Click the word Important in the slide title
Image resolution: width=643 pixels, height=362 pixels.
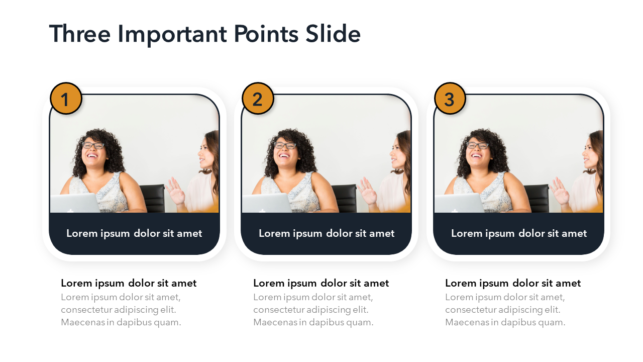coord(172,35)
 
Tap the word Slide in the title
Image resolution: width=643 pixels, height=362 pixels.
coord(333,34)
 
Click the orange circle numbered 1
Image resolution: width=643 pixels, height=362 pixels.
coord(66,99)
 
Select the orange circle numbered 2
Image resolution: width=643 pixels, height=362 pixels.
coord(258,99)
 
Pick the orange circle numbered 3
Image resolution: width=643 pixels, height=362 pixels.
coord(450,99)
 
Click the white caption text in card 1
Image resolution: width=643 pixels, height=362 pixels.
coord(134,234)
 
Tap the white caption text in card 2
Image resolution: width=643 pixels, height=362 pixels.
coord(327,234)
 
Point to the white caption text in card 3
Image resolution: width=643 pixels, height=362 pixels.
coord(519,234)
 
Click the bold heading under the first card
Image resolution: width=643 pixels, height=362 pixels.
coord(129,283)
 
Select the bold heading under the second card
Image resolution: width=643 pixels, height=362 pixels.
coord(321,283)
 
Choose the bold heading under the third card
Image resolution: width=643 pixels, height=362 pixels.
coord(513,283)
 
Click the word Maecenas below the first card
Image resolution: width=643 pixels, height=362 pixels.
coord(83,322)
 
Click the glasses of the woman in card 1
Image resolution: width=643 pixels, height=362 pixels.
coord(93,145)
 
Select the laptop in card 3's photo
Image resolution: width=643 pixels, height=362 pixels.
coord(459,203)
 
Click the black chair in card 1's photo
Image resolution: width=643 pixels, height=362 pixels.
coord(153,198)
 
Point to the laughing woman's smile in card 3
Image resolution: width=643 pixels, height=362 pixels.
coord(477,156)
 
